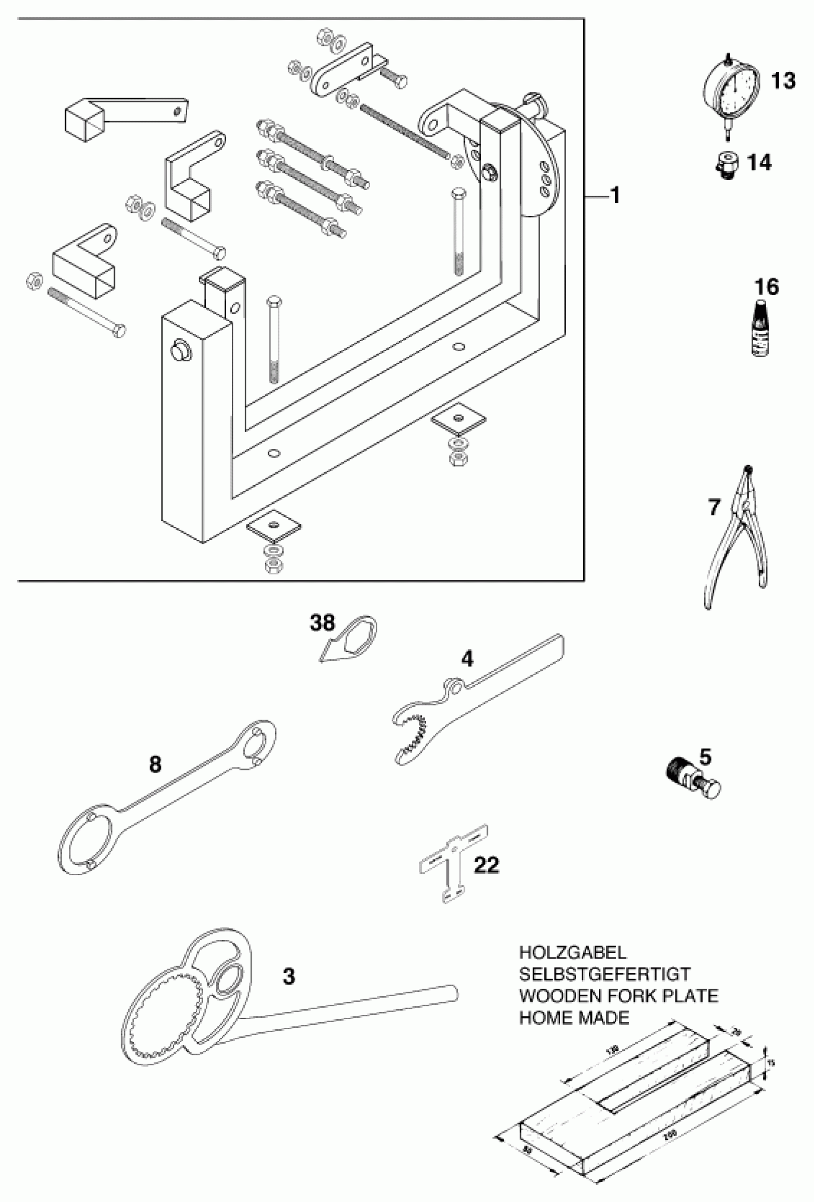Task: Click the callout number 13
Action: pos(783,81)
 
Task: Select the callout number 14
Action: pos(759,163)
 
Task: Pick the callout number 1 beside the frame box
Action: pos(614,196)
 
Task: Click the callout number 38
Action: pos(322,623)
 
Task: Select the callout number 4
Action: pos(467,658)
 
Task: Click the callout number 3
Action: pos(289,977)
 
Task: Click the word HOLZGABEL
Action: pos(572,952)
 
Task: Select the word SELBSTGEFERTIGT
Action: pos(604,974)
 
